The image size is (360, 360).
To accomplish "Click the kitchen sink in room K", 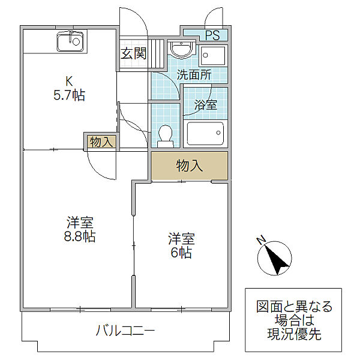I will point(70,42).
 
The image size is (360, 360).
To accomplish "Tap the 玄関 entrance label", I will point(133,53).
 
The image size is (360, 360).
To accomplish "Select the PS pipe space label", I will point(212,35).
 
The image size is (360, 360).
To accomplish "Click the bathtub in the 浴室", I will point(205,133).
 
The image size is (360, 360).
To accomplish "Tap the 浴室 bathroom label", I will point(205,104).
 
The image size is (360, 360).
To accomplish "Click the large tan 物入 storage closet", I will point(189,166).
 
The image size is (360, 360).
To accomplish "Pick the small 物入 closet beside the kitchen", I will point(100,142).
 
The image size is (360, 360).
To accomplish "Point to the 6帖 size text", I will point(181,252).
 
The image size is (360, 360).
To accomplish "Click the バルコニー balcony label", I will point(125,331).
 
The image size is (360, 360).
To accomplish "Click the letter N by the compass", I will point(261,241).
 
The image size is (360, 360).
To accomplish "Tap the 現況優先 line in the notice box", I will point(293,334).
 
